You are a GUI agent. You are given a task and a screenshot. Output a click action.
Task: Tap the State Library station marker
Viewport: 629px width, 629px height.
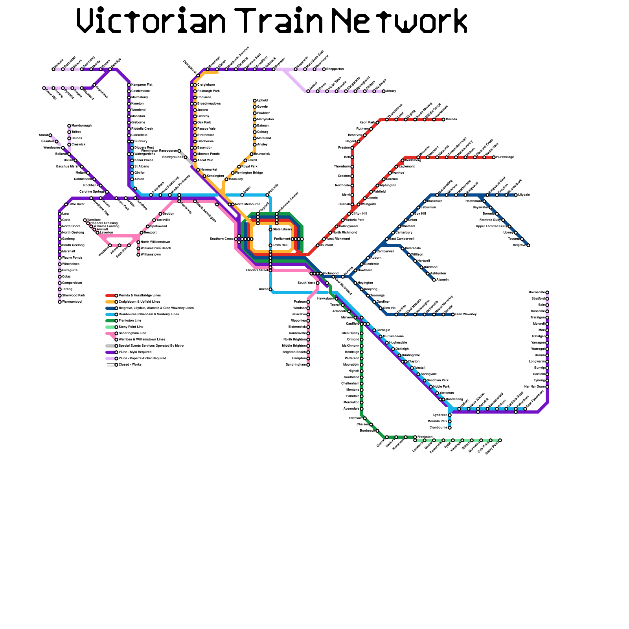pos(270,229)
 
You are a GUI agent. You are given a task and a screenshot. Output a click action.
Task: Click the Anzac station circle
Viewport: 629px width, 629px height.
pos(270,289)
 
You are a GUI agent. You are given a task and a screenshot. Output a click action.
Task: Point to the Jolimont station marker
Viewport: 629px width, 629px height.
pos(318,245)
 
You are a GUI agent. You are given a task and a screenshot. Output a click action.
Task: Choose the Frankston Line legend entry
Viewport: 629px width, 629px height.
pos(130,320)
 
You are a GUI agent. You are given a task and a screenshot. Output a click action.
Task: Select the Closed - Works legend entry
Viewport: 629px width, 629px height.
pos(130,364)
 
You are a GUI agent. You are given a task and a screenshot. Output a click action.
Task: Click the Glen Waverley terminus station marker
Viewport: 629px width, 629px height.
pos(453,314)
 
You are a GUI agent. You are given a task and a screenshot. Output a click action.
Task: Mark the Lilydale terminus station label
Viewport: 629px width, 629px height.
pos(524,195)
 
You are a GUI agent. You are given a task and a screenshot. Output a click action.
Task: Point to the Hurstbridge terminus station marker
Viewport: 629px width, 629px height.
pos(494,157)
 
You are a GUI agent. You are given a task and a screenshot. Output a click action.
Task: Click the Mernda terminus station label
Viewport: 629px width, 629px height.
pos(451,119)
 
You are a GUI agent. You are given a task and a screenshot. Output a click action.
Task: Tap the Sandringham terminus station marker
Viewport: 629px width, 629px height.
pos(308,365)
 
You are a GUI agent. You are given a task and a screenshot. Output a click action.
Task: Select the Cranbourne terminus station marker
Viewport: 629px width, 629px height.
pos(450,428)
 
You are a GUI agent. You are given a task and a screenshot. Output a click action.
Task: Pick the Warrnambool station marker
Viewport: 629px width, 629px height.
pos(60,302)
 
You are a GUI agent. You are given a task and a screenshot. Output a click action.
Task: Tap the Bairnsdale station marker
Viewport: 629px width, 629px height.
pos(547,292)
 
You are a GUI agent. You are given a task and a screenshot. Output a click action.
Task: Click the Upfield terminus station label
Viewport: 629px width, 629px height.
pos(262,101)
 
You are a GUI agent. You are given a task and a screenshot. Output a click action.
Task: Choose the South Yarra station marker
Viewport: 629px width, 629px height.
pos(318,283)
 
